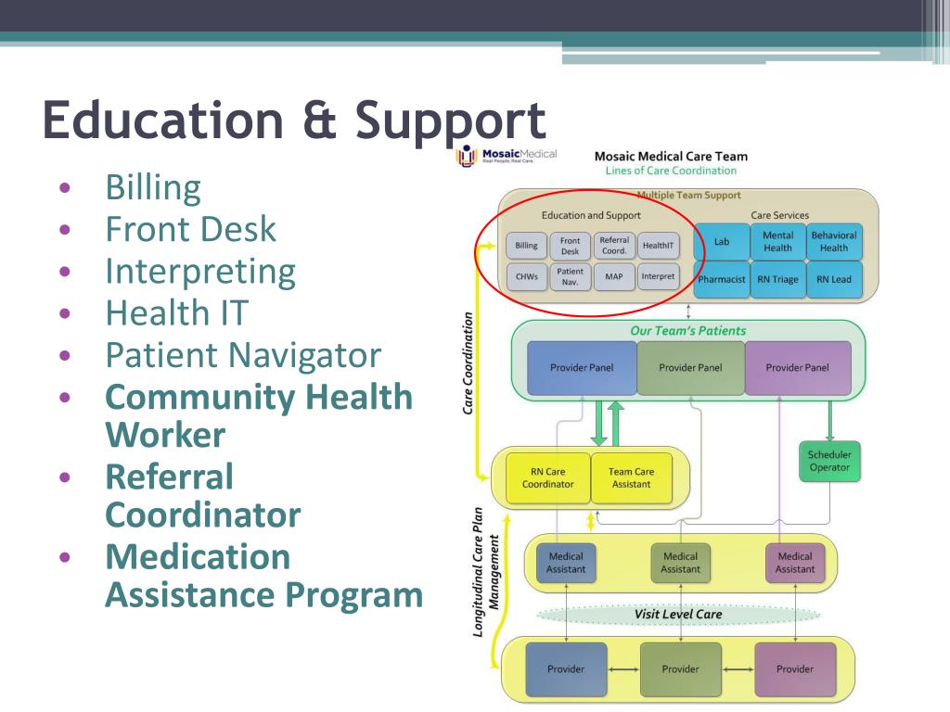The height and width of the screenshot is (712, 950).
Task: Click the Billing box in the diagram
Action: pyautogui.click(x=526, y=246)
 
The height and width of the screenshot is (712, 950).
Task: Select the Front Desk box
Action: pyautogui.click(x=570, y=246)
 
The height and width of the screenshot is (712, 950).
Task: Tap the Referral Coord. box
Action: pyautogui.click(x=614, y=246)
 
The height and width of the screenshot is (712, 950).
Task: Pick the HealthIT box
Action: pyautogui.click(x=659, y=246)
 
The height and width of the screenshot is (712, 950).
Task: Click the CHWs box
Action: pyautogui.click(x=526, y=276)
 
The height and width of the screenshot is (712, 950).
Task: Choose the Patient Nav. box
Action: pyautogui.click(x=570, y=276)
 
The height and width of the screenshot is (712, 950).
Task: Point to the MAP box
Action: pyautogui.click(x=614, y=276)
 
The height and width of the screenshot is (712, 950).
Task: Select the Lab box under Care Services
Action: pyautogui.click(x=721, y=242)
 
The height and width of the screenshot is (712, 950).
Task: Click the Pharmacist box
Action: pyautogui.click(x=721, y=279)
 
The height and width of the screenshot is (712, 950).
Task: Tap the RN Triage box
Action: pyautogui.click(x=777, y=279)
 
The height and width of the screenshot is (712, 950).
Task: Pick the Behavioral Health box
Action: pyautogui.click(x=834, y=242)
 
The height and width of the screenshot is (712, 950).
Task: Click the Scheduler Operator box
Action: pyautogui.click(x=829, y=461)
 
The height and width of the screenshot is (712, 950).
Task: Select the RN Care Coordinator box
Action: pyautogui.click(x=547, y=477)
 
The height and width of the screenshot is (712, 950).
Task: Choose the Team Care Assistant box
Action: pyautogui.click(x=631, y=477)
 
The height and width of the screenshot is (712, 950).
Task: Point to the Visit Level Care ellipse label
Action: pyautogui.click(x=678, y=614)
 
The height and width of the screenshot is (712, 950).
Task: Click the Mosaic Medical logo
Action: pyautogui.click(x=507, y=156)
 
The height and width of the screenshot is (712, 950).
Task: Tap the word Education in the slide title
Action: pyautogui.click(x=163, y=121)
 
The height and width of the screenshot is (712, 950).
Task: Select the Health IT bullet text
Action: pyautogui.click(x=177, y=312)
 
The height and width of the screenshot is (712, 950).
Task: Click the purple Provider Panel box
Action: pyautogui.click(x=798, y=368)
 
